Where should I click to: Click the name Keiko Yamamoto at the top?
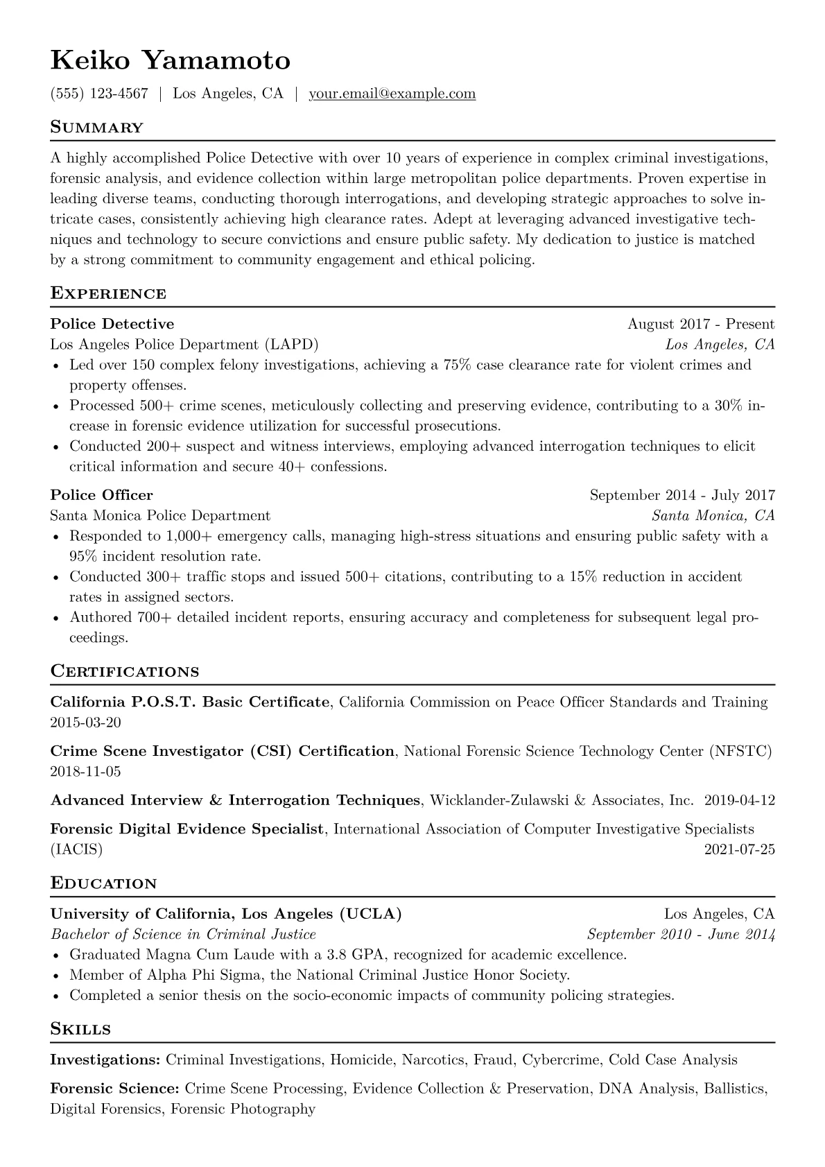coord(170,61)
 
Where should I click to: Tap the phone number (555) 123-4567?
coord(99,94)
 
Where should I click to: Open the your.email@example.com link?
coord(392,94)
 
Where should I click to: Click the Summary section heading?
coord(96,128)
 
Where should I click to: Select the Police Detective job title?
coord(112,324)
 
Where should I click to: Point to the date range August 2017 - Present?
coord(701,324)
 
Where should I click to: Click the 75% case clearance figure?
coord(457,365)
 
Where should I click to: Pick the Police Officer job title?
coord(101,495)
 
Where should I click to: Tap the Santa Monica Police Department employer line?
coord(160,515)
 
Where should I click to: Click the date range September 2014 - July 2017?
coord(682,495)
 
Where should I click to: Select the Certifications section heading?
coord(125,671)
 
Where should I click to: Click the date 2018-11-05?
coord(85,771)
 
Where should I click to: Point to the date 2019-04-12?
coord(739,800)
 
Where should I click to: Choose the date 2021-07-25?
coord(739,849)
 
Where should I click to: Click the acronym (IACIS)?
coord(76,849)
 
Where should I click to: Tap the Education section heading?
coord(103,883)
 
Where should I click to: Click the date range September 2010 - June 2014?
coord(681,934)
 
